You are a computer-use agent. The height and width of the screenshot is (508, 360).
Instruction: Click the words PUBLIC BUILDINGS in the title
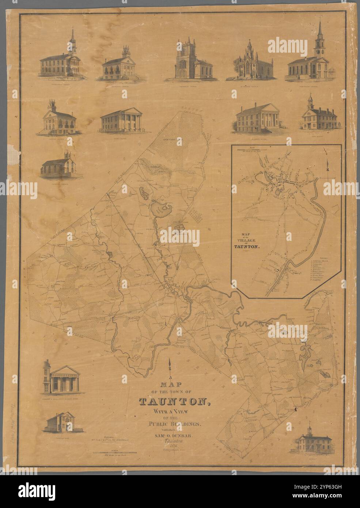[179, 424]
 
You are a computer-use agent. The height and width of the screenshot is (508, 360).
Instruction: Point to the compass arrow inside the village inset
[328, 166]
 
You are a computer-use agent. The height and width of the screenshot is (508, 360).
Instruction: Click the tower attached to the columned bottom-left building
[47, 373]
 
